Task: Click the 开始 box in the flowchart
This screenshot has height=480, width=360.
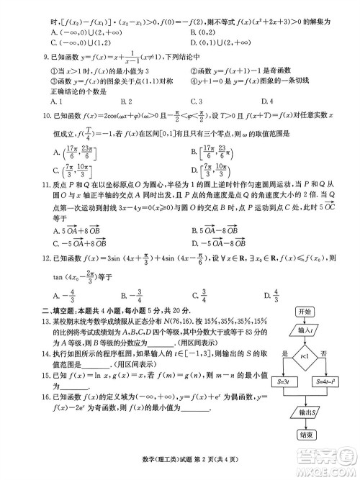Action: [304, 312]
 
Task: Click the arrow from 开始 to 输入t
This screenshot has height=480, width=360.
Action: [304, 321]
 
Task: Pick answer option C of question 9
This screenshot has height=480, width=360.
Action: [191, 101]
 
